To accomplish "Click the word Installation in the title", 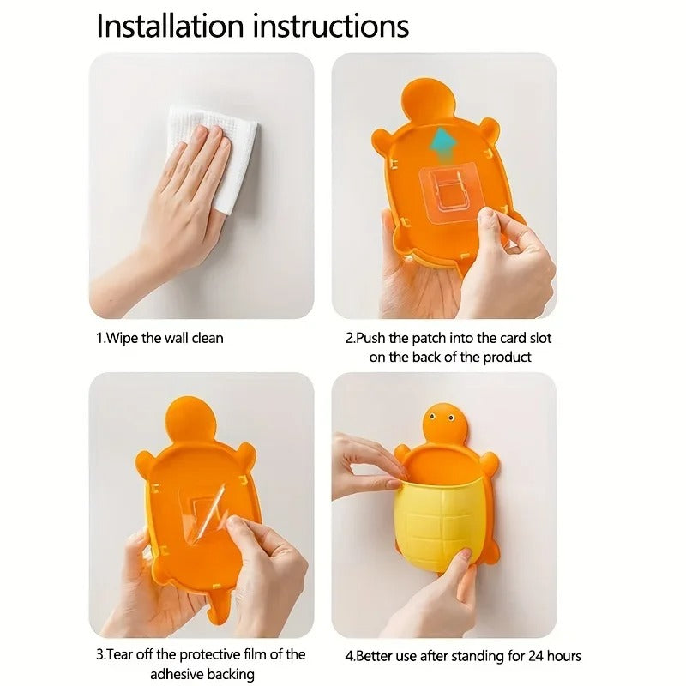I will [169, 26].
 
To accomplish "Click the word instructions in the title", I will [330, 26].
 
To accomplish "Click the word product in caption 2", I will [507, 357].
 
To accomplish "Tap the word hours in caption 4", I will [562, 656].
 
